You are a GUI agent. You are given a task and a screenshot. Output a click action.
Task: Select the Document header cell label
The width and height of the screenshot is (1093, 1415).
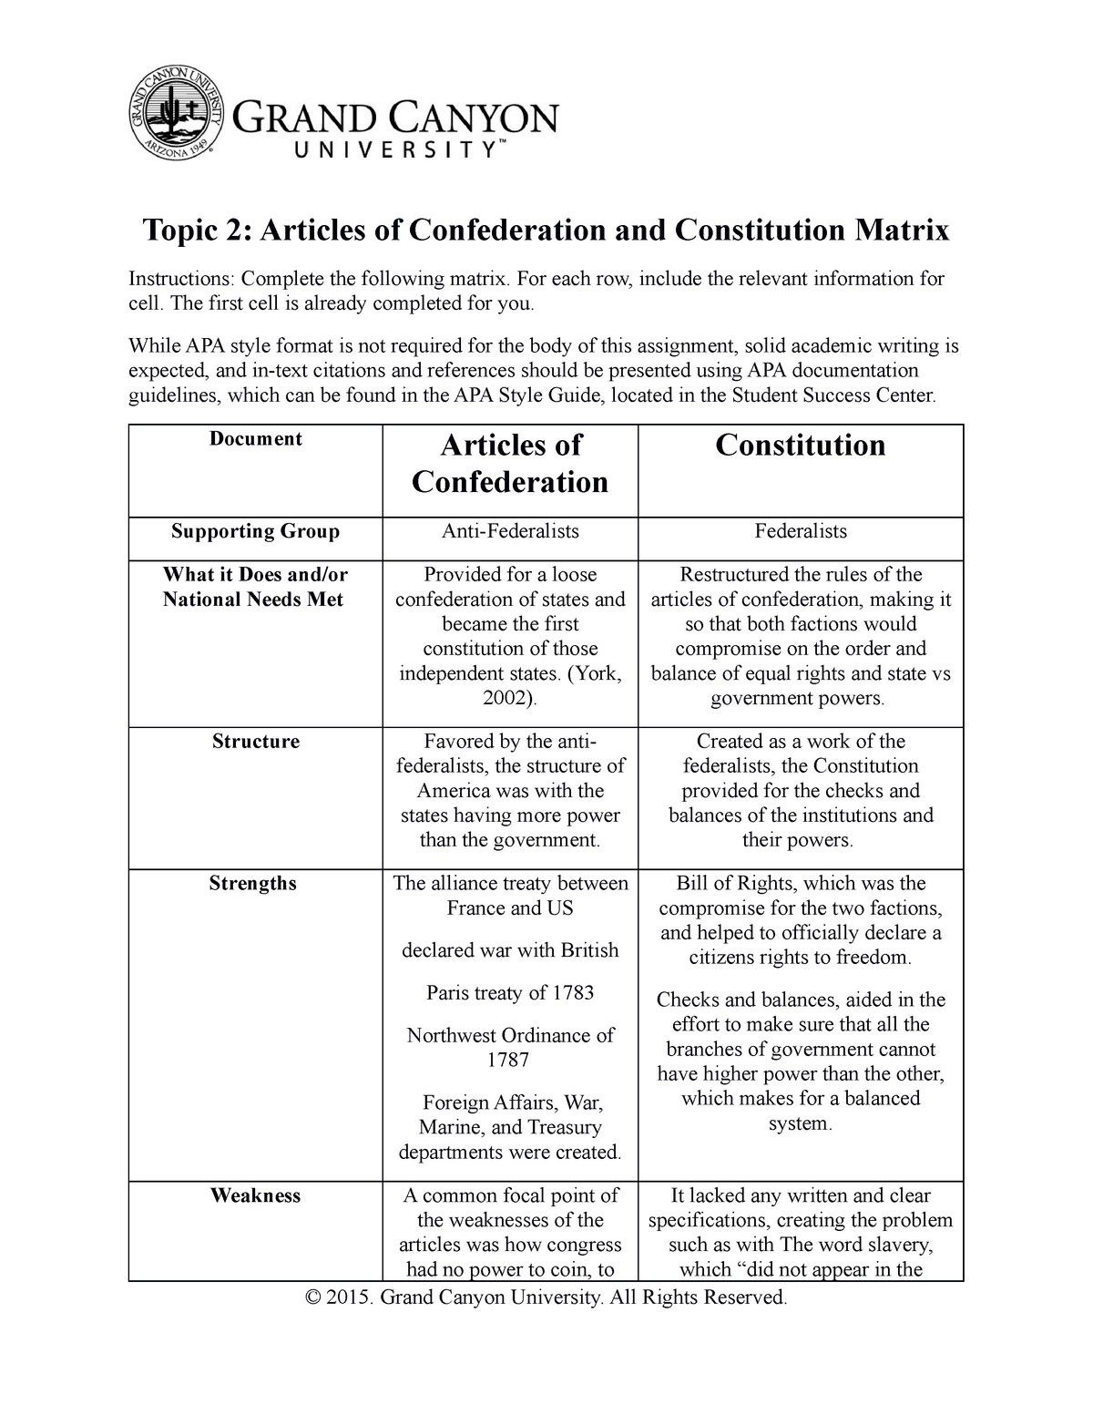click(255, 439)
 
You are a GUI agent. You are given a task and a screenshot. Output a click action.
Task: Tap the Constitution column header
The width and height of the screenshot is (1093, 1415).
click(800, 446)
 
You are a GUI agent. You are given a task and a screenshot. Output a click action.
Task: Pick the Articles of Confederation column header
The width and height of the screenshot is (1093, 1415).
click(510, 464)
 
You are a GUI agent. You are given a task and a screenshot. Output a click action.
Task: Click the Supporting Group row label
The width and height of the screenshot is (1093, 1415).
click(255, 531)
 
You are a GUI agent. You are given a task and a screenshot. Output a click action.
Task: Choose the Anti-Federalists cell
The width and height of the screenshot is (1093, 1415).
click(510, 531)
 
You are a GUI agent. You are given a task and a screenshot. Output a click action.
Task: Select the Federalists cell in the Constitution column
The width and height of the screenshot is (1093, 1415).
click(801, 531)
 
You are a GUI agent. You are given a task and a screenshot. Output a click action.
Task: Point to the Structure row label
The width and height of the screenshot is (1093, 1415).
click(255, 742)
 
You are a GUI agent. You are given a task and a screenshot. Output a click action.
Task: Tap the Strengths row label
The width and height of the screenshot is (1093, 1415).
click(252, 884)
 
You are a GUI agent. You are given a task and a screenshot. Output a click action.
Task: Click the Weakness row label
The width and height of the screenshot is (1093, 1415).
click(255, 1195)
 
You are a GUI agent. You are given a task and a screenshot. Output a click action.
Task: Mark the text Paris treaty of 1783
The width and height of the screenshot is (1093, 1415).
click(510, 992)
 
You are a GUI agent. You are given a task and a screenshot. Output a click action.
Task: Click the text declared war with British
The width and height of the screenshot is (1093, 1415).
click(510, 950)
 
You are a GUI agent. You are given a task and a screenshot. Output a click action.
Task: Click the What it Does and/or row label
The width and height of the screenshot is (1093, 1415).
click(255, 575)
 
